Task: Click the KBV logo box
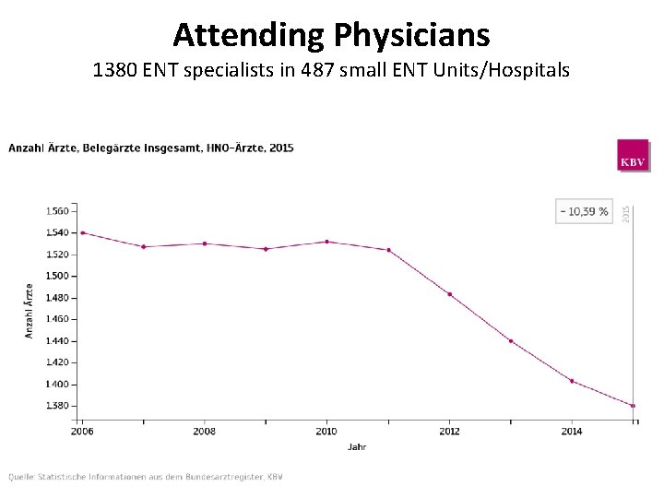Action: (633, 156)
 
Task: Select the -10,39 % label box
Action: (584, 211)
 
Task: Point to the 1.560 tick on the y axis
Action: (56, 210)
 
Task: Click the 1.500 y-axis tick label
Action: (56, 276)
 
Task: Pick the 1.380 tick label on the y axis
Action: (56, 406)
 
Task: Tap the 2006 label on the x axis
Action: (82, 431)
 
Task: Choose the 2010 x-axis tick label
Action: (326, 431)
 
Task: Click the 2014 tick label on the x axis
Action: (572, 431)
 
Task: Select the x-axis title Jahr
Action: (357, 447)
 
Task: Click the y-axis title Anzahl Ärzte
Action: (29, 309)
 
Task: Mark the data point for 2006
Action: (83, 232)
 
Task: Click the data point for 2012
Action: (449, 294)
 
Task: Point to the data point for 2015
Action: (633, 406)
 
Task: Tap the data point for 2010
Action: (326, 242)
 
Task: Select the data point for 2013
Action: (510, 341)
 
